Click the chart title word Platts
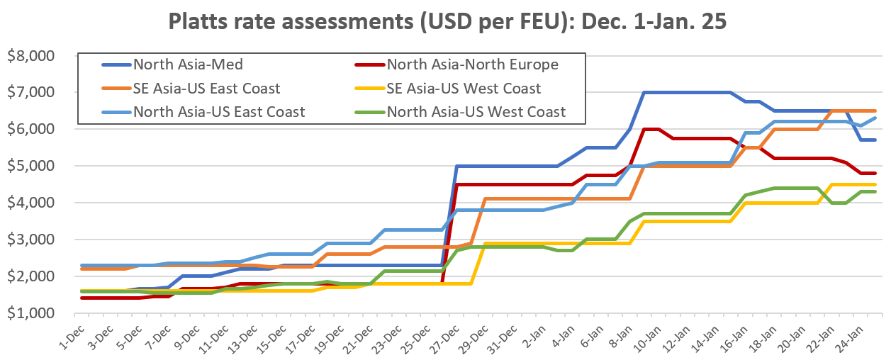(x=201, y=22)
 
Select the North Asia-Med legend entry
(x=189, y=64)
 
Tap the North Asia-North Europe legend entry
(x=473, y=64)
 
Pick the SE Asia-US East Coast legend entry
(x=206, y=88)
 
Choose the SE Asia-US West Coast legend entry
(x=464, y=88)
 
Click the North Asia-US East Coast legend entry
(x=219, y=111)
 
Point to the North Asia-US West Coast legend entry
(x=476, y=111)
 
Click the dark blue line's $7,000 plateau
(x=688, y=92)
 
